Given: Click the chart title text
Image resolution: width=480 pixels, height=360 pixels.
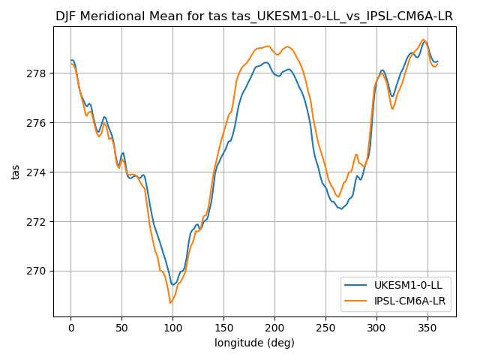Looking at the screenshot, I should tap(254, 16).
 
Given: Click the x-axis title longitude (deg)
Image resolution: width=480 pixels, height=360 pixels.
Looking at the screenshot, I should tap(254, 343).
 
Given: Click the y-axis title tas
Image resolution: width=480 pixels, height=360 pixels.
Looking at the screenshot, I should tap(16, 172).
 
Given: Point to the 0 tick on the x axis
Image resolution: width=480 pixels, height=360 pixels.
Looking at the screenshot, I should tap(71, 328).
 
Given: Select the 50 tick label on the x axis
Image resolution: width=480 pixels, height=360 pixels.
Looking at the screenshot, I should tap(122, 328).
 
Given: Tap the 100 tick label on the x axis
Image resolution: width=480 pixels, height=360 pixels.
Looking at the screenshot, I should tap(172, 328).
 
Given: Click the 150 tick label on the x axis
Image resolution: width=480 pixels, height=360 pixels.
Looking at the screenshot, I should tap(223, 328).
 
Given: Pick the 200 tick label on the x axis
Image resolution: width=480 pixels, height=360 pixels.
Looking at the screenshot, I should tap(274, 328).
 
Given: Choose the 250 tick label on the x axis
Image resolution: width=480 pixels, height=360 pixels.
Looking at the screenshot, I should tap(325, 328).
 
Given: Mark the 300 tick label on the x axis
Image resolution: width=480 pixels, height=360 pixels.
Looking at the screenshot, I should tap(376, 328).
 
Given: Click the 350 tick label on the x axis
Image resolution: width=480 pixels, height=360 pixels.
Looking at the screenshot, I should tap(427, 328).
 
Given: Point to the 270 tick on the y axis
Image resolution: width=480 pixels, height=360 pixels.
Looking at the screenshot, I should tap(37, 271).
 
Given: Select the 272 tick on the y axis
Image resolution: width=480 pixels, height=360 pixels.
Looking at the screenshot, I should tap(37, 222).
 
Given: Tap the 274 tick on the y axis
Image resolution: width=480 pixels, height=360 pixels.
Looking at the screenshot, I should tap(37, 172).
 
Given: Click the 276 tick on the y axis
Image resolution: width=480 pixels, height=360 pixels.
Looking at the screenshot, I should tap(37, 123).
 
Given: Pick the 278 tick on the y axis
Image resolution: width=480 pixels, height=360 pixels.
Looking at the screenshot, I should tap(37, 73).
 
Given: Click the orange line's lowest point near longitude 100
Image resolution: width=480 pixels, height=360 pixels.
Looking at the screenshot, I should tap(171, 303).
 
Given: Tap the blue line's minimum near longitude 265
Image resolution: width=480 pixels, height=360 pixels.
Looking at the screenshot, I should tap(341, 209).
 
